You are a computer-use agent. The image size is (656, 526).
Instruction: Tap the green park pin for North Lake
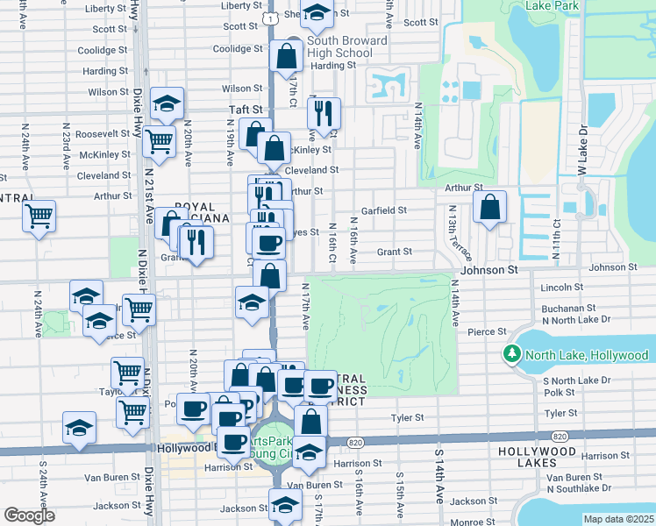[512, 355]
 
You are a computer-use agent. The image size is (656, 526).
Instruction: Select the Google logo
[28, 515]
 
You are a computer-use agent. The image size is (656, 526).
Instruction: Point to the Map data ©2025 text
[617, 519]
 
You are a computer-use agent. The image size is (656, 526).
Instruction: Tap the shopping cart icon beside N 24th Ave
[39, 216]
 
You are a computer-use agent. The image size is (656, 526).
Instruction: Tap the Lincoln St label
[562, 288]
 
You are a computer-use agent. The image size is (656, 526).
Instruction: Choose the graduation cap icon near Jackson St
[284, 507]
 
